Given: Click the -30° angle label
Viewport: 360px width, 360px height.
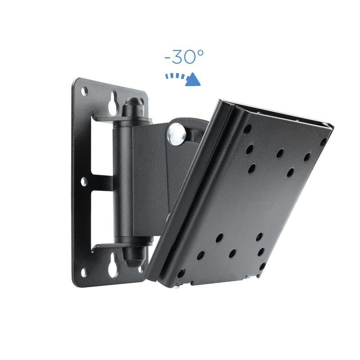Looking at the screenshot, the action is click(184, 57).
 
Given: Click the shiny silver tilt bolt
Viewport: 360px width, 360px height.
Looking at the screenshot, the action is click(176, 134).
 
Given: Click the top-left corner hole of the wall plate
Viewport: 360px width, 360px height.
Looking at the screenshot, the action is click(84, 91).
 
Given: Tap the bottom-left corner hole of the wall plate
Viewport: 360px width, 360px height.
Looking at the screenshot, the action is click(84, 273).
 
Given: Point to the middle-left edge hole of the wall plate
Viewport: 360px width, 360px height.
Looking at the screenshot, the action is click(84, 182).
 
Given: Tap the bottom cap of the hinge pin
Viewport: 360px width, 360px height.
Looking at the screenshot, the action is click(134, 256).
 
